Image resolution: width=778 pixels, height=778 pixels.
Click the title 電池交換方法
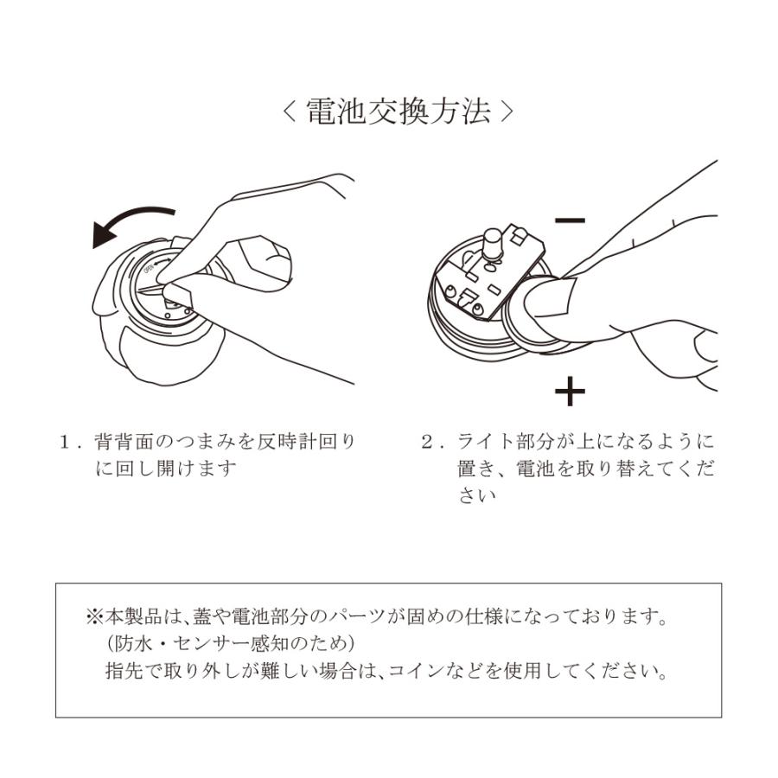[x=399, y=112]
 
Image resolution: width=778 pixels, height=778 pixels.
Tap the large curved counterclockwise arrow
[x=126, y=219]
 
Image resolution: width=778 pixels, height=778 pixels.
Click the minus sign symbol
[x=571, y=220]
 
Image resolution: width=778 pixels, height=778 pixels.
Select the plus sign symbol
[x=571, y=391]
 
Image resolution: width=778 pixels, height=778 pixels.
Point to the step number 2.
[x=428, y=442]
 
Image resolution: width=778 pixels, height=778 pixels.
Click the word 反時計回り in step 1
[x=306, y=442]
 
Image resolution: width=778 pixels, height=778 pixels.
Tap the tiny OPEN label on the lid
[x=148, y=269]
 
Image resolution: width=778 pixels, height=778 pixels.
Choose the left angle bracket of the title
[x=290, y=112]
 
